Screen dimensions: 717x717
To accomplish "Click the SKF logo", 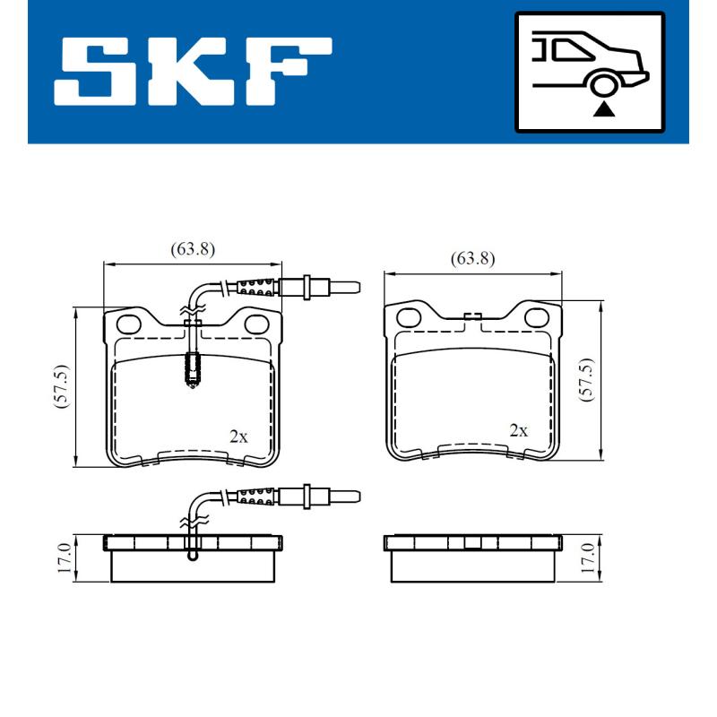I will [x=193, y=70].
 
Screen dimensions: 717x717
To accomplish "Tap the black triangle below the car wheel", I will [x=606, y=110].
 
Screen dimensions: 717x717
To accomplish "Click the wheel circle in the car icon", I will [x=606, y=85].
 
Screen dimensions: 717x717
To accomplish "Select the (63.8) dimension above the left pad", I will [x=193, y=250].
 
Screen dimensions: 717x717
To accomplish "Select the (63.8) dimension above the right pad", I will [x=472, y=259].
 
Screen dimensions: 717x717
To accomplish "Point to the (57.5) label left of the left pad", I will [x=61, y=387].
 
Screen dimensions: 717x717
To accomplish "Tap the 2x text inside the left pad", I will [x=238, y=436].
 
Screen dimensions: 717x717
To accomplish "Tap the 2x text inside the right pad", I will [x=518, y=430].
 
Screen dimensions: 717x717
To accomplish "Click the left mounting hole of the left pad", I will [x=130, y=323].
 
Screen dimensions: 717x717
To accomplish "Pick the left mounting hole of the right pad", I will [x=410, y=316].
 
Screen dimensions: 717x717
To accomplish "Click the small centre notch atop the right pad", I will [x=472, y=315].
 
